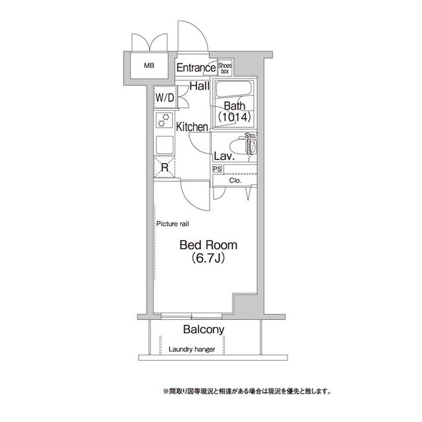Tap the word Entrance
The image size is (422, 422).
pos(196,67)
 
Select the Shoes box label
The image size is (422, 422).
pos(224,67)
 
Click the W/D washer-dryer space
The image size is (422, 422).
pos(164,98)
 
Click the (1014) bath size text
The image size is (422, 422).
pos(234,117)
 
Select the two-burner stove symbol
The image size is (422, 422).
pos(163,120)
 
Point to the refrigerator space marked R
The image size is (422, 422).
pos(164,168)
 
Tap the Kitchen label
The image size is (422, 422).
pos(192,127)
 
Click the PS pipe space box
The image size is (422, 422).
pos(217,169)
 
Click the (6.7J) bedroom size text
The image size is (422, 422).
pos(208,258)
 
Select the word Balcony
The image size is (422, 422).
pos(204,330)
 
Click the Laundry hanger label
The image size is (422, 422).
pos(192,349)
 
